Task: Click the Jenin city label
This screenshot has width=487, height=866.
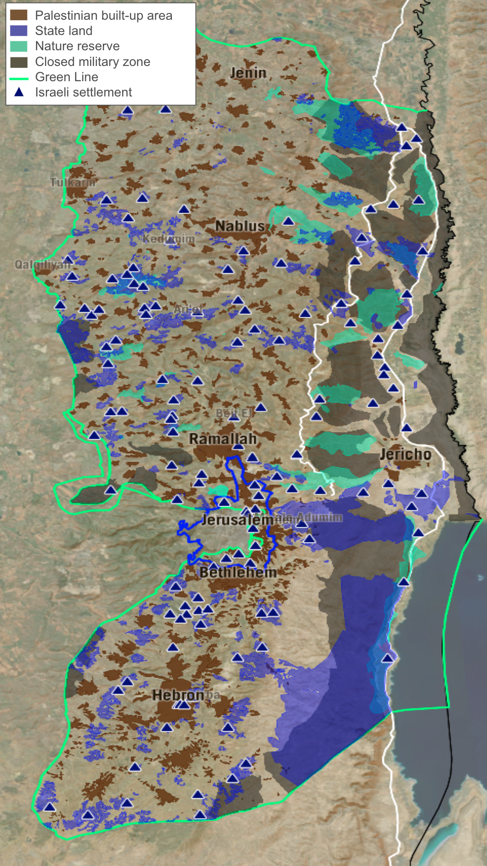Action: point(248,73)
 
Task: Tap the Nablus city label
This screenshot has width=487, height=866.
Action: point(240,226)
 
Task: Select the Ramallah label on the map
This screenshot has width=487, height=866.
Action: point(223,439)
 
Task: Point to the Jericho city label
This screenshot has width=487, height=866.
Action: point(405,454)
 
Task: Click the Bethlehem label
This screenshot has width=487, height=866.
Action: point(238,572)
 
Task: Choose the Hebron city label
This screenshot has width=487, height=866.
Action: point(178,695)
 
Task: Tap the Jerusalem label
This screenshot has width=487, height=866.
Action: point(238,520)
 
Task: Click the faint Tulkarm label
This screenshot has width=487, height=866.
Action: point(72,182)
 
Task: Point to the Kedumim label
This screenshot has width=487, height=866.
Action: point(169,239)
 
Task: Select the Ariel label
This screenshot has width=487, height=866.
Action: point(188,309)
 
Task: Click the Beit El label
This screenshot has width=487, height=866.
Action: point(233,413)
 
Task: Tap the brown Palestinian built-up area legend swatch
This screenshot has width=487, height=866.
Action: point(19,16)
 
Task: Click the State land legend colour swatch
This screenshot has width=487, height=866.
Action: point(19,31)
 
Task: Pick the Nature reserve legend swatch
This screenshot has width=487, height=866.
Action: point(19,46)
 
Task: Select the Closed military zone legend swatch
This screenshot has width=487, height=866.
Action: point(19,62)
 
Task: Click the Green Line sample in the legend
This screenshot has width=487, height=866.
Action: point(19,78)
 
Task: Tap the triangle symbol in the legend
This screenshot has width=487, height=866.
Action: point(19,92)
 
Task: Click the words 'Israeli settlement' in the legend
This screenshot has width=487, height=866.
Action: point(83,92)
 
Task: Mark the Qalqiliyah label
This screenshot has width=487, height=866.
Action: point(43,265)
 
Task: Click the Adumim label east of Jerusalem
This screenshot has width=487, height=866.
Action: point(319,517)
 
